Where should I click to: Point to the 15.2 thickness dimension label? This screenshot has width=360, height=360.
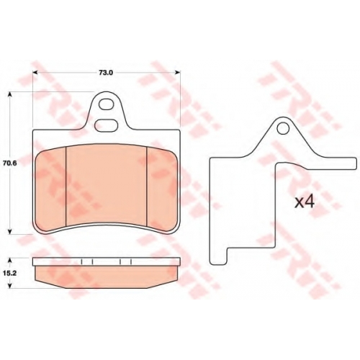9,273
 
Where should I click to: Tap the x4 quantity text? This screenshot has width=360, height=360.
305,202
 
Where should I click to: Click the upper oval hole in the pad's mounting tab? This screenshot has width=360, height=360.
107,104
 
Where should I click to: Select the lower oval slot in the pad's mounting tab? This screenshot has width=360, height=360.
106,126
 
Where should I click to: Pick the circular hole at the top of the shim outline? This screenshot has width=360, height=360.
283,128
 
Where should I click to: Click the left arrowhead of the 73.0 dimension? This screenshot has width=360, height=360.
35,72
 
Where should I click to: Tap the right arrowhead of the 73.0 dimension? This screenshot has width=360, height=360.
177,72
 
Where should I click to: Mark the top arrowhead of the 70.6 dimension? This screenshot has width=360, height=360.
9,94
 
